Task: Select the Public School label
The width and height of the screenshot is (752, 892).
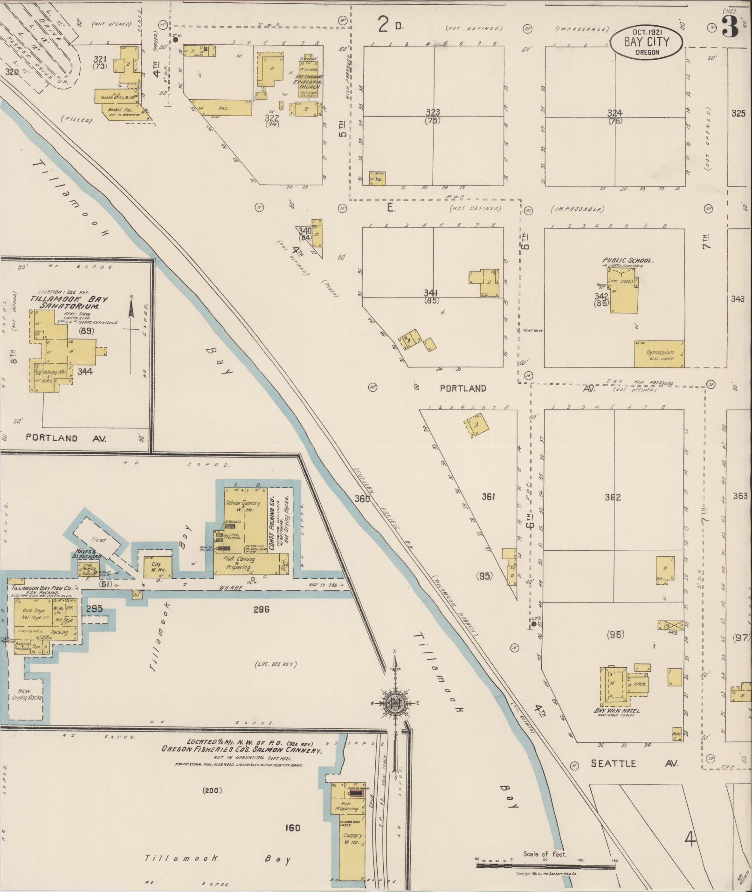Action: pyautogui.click(x=627, y=260)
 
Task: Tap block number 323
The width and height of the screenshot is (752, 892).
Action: pyautogui.click(x=433, y=112)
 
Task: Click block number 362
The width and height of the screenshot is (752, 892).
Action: pyautogui.click(x=612, y=497)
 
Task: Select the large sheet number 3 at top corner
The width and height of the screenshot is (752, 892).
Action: pyautogui.click(x=730, y=27)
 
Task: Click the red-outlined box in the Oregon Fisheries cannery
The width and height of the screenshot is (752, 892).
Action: pyautogui.click(x=357, y=793)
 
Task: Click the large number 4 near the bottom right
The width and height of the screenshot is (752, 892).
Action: pyautogui.click(x=691, y=840)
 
